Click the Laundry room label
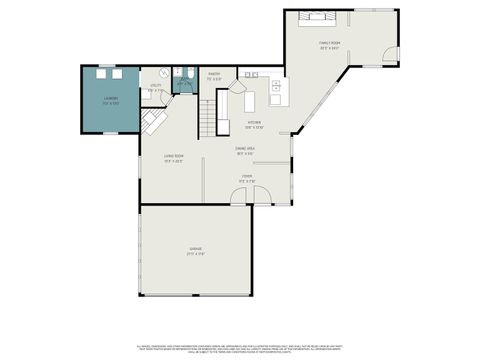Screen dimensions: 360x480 [x=110, y=100]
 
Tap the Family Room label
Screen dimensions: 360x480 [x=329, y=46]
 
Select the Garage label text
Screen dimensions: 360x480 [x=196, y=251]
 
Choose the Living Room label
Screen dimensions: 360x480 [x=174, y=158]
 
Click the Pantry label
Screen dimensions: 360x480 [x=215, y=76]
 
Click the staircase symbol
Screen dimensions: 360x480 [x=207, y=118]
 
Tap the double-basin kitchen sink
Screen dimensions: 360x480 [x=249, y=76]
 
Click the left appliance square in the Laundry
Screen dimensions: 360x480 [x=101, y=72]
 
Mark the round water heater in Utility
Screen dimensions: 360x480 [x=164, y=72]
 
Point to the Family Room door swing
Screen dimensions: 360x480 [x=391, y=54]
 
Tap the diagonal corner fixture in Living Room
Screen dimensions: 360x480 [x=155, y=121]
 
